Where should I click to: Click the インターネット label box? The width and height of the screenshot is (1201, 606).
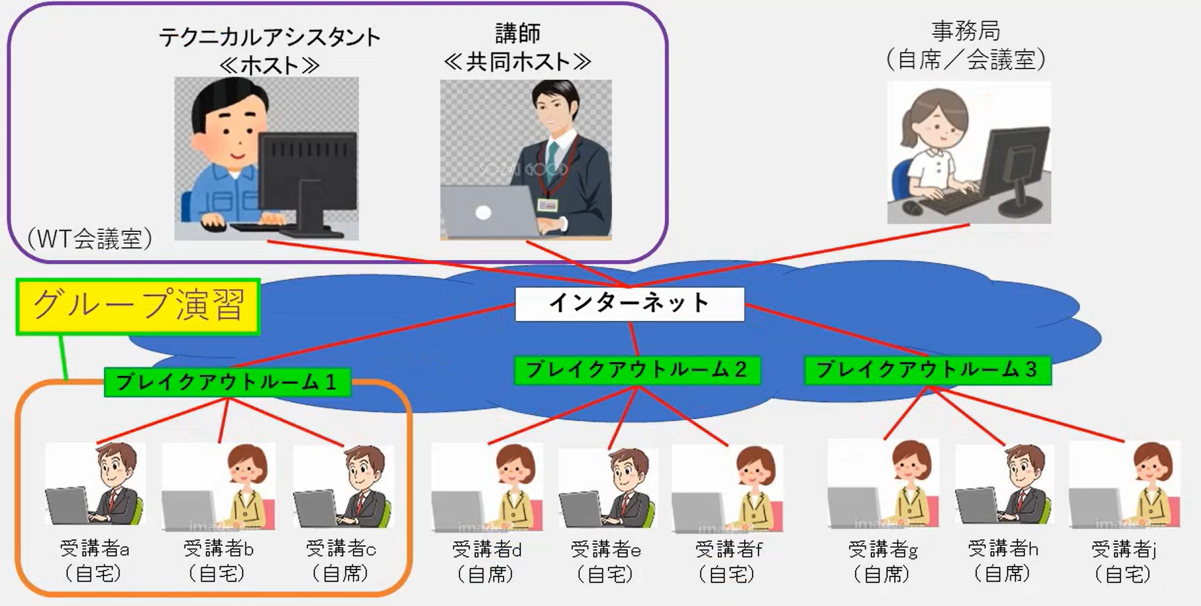point(630,304)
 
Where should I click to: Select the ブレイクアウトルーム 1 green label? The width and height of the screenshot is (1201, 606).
point(227,382)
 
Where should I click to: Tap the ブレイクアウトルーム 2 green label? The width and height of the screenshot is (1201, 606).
point(637,370)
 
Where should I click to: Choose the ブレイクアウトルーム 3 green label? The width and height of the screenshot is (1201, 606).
point(927,370)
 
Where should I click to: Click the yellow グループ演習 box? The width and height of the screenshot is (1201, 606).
point(138,307)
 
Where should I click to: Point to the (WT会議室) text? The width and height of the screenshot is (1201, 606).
point(90,239)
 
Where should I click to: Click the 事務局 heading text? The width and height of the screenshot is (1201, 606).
point(966,31)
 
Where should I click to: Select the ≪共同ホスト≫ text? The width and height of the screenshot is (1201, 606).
point(517,62)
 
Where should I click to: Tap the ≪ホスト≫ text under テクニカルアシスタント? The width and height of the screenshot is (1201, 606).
point(269,65)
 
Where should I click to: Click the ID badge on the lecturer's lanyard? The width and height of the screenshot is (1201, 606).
point(547,206)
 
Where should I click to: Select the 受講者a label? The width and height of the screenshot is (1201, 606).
point(95,549)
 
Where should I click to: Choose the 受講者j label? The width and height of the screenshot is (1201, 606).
point(1124,549)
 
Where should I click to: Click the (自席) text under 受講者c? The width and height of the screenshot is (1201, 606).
point(341,574)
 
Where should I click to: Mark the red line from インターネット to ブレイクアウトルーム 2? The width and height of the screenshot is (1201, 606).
point(633,339)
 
